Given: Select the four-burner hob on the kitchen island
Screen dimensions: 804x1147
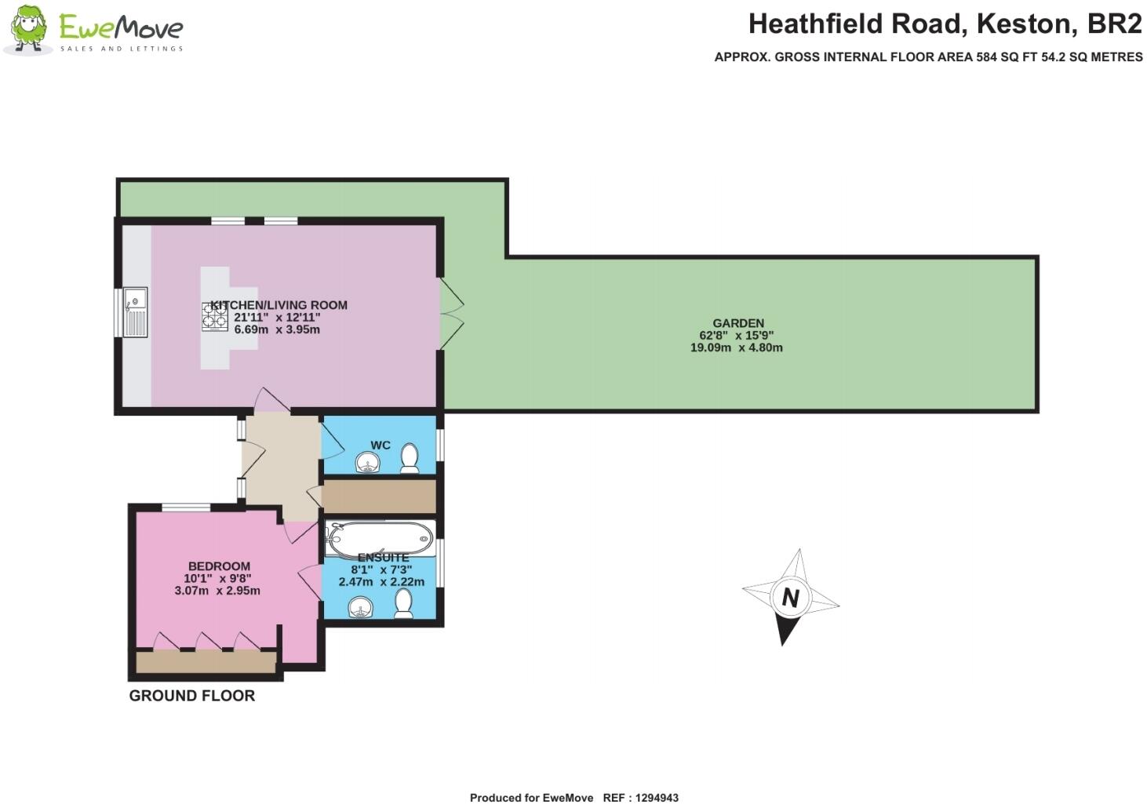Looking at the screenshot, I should [x=215, y=315].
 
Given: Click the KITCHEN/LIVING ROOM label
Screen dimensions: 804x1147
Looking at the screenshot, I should [x=279, y=305].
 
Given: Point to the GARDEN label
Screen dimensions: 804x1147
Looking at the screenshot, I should [x=737, y=323].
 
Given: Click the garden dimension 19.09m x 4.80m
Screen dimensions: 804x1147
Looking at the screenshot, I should [x=736, y=347].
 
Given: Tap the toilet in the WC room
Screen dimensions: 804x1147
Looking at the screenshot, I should [x=410, y=458].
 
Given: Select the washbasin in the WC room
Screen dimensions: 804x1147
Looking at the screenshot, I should [x=365, y=464].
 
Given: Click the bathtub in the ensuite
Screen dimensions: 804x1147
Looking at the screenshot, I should [x=381, y=539].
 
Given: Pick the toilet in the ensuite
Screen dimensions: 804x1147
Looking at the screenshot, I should [x=404, y=603].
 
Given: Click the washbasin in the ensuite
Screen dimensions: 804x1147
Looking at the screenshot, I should [x=360, y=607].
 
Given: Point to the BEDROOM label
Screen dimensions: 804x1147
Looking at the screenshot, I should [x=219, y=566].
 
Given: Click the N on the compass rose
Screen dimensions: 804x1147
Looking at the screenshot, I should [x=790, y=598].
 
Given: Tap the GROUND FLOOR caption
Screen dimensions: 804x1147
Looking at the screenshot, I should [x=192, y=696].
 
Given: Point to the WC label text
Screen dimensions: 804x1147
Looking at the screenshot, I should [x=381, y=446].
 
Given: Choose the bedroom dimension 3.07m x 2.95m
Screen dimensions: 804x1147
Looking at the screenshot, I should [x=217, y=591].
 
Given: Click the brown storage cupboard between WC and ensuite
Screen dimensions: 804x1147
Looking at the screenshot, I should [x=379, y=497].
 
